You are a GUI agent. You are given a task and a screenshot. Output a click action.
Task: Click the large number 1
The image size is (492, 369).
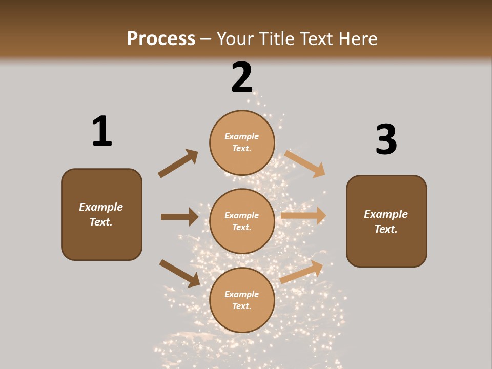pyautogui.click(x=102, y=131)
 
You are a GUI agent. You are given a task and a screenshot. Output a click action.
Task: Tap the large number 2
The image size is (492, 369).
pyautogui.click(x=242, y=77)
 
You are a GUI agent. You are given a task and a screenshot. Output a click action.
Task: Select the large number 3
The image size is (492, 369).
pyautogui.click(x=386, y=139)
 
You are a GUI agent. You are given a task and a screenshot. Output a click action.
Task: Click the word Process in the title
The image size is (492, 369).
pyautogui.click(x=161, y=38)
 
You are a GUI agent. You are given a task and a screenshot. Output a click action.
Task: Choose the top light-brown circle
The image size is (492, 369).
pyautogui.click(x=242, y=142)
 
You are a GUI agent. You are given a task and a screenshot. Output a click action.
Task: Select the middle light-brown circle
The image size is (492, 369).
pyautogui.click(x=242, y=221)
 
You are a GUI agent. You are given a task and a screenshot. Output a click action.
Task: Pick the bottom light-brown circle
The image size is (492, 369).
pyautogui.click(x=242, y=300)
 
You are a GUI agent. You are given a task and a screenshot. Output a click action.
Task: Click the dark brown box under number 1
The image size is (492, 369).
pyautogui.click(x=101, y=214)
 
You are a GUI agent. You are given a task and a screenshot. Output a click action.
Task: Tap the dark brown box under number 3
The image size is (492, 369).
pyautogui.click(x=386, y=221)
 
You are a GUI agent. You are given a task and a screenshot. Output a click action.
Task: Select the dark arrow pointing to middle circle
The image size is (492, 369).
pyautogui.click(x=179, y=217)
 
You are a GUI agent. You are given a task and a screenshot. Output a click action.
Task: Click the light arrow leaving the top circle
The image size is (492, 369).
pyautogui.click(x=305, y=163)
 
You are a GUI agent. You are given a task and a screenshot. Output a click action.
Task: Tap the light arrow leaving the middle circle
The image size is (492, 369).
pyautogui.click(x=303, y=216)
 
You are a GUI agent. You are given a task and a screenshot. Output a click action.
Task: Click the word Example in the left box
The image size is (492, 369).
pyautogui.click(x=101, y=207)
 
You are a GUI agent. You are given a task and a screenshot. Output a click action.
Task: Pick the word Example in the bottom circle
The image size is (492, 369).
pyautogui.click(x=242, y=294)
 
